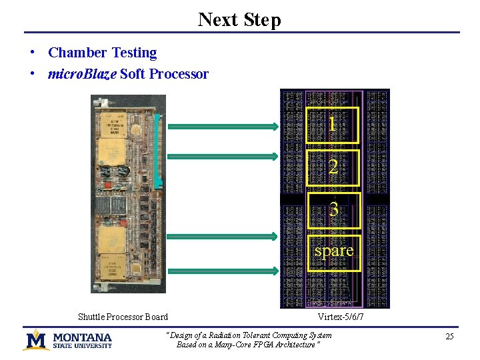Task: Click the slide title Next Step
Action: pyautogui.click(x=239, y=19)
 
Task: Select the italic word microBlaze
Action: pyautogui.click(x=82, y=74)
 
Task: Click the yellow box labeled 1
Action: pyautogui.click(x=333, y=125)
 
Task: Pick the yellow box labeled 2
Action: pyautogui.click(x=333, y=167)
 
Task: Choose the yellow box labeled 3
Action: pyautogui.click(x=333, y=210)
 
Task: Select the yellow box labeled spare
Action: pyautogui.click(x=333, y=252)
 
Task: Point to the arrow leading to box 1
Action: pyautogui.click(x=223, y=127)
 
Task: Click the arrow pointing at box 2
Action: pyautogui.click(x=223, y=157)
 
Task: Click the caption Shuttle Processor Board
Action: pyautogui.click(x=123, y=317)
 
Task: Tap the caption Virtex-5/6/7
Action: pyautogui.click(x=341, y=317)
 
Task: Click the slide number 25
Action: pyautogui.click(x=449, y=337)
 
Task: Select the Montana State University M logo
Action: pyautogui.click(x=36, y=340)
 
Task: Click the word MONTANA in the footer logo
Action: pyautogui.click(x=82, y=337)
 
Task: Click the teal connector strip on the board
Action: pyautogui.click(x=158, y=150)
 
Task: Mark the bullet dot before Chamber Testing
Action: pyautogui.click(x=32, y=53)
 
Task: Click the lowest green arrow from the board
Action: pyautogui.click(x=223, y=271)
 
